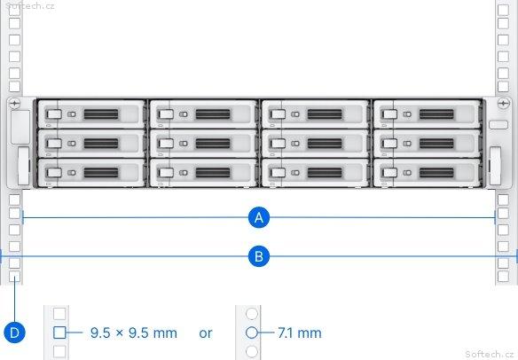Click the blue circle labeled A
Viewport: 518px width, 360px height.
point(259,217)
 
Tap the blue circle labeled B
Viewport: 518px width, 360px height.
point(259,256)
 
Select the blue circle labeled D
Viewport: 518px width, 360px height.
point(14,333)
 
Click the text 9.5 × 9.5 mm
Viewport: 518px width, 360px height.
point(134,333)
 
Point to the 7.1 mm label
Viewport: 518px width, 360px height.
point(300,333)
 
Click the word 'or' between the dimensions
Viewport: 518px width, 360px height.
point(206,333)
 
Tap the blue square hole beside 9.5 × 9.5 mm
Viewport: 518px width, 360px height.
point(59,333)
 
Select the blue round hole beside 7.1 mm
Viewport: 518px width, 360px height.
point(252,333)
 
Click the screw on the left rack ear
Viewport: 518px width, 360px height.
point(14,104)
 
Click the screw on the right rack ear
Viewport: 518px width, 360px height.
point(503,104)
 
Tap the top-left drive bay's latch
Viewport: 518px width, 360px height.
point(54,114)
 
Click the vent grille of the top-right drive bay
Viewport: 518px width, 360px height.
point(436,114)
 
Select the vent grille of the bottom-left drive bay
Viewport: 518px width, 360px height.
point(101,173)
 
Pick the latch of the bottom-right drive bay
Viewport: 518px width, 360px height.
point(389,173)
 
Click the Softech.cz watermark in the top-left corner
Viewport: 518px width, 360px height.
point(30,5)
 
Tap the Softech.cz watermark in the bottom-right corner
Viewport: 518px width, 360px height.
point(489,354)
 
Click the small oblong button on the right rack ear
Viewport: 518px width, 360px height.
point(498,125)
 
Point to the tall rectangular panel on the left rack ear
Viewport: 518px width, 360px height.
point(20,127)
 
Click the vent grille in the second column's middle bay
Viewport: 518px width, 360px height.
point(213,144)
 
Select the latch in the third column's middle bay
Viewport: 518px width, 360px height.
point(278,144)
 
